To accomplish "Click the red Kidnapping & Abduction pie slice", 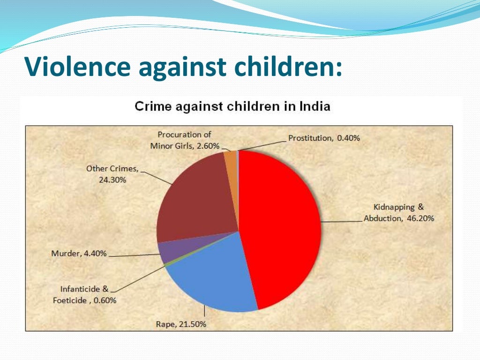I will [281, 225].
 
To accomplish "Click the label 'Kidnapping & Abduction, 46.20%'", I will [399, 213].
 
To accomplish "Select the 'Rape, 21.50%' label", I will [181, 324].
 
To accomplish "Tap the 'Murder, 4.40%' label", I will [79, 254].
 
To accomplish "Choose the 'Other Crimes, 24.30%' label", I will [112, 174].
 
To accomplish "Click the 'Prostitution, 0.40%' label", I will [324, 138].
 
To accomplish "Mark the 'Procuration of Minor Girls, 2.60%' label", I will [185, 140].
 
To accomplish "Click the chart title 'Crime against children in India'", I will [232, 106].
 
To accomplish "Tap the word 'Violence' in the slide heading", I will [78, 67].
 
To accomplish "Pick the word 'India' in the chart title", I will [315, 106].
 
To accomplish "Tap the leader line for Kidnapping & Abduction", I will [342, 221].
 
